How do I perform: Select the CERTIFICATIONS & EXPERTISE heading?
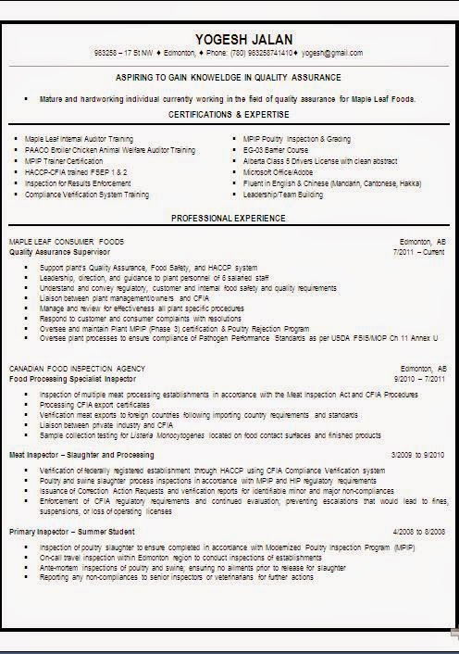tap(229, 113)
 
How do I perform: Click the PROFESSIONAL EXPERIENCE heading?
tap(229, 218)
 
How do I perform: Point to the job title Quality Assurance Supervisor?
tap(60, 251)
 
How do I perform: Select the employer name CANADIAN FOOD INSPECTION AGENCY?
tap(73, 368)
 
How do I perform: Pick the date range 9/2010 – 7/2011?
tap(419, 378)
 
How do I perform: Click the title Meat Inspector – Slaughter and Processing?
tap(82, 455)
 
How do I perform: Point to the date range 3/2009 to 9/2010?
tap(417, 455)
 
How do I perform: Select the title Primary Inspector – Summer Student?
tap(72, 532)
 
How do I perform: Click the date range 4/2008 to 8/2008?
tap(417, 532)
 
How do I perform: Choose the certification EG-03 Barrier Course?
tap(274, 148)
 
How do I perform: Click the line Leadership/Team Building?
tap(283, 195)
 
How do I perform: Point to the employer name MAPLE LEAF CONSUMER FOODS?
tap(66, 241)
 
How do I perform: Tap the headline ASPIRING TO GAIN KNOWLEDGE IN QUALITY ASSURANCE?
tap(229, 77)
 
